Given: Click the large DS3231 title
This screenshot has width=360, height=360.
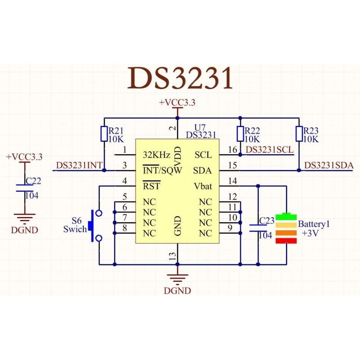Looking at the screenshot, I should point(180,78).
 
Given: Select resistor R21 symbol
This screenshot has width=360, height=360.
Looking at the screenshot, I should point(104,134).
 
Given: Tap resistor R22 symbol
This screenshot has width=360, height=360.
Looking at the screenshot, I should point(240,134).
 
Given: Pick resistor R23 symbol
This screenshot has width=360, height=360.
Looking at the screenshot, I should point(299,134).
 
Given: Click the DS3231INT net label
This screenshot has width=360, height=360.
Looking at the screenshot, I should point(79,166).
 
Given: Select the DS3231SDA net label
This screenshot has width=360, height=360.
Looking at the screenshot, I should point(329,166).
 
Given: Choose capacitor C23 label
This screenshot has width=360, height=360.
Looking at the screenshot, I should point(267,221).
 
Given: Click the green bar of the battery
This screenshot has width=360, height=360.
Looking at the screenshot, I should point(287,216).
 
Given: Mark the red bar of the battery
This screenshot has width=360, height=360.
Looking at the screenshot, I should point(287,241).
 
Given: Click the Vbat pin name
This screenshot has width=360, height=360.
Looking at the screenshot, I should point(202,186).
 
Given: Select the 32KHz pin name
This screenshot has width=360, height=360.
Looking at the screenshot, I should point(156,155).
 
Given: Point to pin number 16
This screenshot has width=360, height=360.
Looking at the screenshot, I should point(232,149).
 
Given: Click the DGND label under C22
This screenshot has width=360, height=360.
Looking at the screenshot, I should point(24,230).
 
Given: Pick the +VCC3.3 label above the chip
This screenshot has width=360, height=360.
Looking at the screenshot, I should point(177,103).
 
